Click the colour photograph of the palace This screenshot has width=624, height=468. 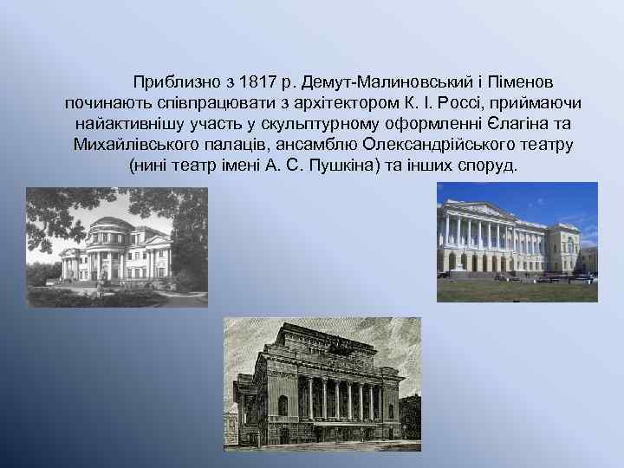[517, 242]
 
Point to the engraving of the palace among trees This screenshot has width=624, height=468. [116, 247]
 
